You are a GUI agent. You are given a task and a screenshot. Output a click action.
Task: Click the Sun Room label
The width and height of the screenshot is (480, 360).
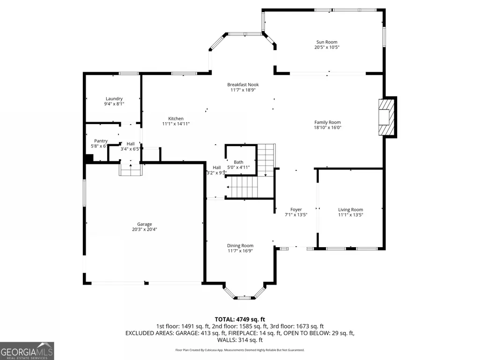coord(326,42)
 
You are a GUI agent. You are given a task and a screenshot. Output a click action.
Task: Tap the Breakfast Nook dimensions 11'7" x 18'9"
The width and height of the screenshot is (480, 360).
coord(243,90)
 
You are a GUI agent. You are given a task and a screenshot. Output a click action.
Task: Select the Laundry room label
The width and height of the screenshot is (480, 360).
coord(114,99)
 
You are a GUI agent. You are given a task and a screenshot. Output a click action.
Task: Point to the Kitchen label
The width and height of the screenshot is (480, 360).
coord(176,118)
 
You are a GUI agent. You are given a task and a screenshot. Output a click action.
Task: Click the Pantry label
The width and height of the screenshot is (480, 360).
coord(101,141)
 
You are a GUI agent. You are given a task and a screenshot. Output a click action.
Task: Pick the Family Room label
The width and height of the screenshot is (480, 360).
coord(327,122)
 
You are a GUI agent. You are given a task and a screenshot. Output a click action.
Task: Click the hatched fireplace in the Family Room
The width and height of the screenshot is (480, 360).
coord(386,117)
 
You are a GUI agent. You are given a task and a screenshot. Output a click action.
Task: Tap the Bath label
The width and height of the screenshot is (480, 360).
coord(238,162)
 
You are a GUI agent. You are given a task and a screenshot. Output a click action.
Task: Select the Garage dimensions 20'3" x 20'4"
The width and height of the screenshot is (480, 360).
coord(145,229)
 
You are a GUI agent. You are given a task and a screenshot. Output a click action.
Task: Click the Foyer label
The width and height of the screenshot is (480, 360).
coord(296,210)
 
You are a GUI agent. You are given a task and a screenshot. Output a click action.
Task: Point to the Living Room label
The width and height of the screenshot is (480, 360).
coord(350,210)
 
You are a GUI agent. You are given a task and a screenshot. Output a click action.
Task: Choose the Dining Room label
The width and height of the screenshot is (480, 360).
coord(240,245)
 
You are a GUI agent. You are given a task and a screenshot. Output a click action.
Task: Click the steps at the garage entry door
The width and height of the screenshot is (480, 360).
coord(131,170)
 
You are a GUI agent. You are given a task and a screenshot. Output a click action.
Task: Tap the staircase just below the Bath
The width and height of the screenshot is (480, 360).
coord(244,187)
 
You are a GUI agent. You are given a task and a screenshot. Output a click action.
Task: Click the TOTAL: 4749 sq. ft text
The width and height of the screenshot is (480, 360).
coord(240,320)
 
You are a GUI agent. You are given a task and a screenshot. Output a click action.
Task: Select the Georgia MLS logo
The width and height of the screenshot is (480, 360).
coord(27,351)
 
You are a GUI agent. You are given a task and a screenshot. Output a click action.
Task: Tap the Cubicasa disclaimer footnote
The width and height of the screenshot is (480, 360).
coord(240,350)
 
